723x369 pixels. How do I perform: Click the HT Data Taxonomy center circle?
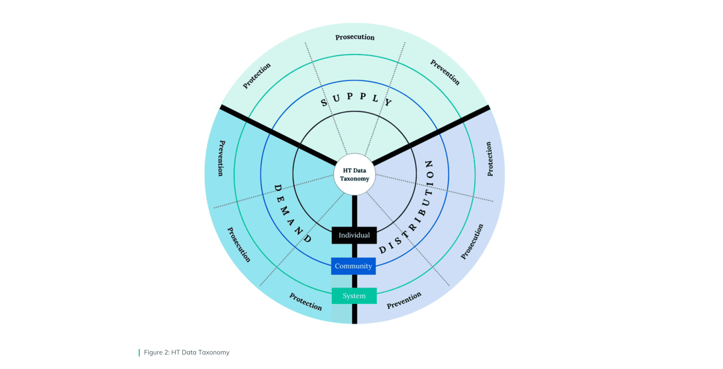tap(355, 174)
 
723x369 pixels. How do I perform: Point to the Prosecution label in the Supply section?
tap(355, 37)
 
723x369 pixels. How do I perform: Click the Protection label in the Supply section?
tap(256, 76)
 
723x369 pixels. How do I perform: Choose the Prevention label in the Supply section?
tap(445, 72)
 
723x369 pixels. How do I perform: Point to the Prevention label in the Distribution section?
tap(404, 300)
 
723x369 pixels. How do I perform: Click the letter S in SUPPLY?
tap(324, 103)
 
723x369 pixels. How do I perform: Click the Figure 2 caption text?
tap(187, 353)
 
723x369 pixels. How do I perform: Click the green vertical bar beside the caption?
tap(139, 353)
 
